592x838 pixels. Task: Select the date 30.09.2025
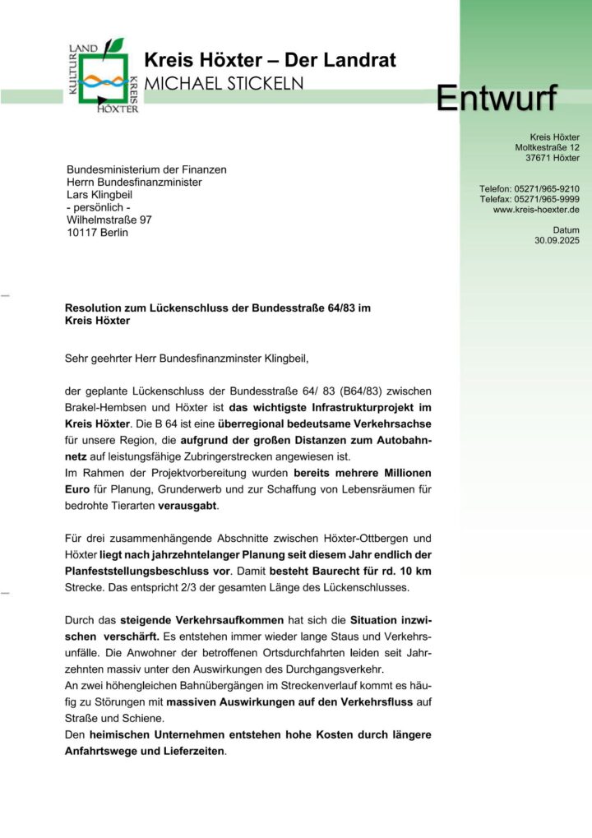tap(557, 241)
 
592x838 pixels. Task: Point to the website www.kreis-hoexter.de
tap(536, 210)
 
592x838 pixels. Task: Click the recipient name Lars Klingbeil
tap(99, 195)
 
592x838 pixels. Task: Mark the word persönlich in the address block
tap(99, 207)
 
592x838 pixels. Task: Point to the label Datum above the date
tap(566, 230)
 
